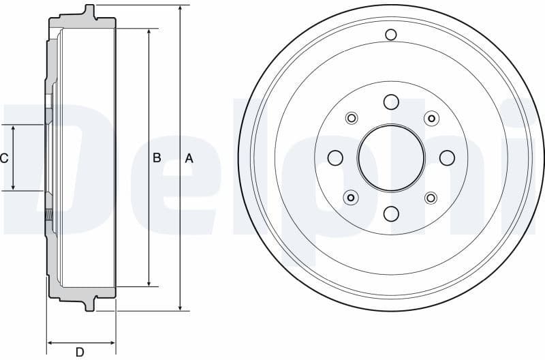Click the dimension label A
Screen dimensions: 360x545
click(189, 158)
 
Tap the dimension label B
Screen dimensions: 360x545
click(157, 158)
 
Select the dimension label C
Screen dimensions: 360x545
click(5, 158)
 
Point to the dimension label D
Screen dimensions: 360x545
click(80, 352)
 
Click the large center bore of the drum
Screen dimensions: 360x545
click(391, 158)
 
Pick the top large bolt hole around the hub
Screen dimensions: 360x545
click(391, 102)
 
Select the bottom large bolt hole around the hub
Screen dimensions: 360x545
click(391, 214)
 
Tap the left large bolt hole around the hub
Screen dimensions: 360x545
click(335, 158)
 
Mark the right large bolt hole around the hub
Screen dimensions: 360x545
click(447, 158)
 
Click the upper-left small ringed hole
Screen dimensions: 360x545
click(352, 119)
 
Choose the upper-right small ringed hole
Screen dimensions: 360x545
click(431, 119)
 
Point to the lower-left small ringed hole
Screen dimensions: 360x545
click(352, 198)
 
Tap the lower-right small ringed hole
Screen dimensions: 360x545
click(431, 198)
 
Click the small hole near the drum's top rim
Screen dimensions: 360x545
click(391, 35)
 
